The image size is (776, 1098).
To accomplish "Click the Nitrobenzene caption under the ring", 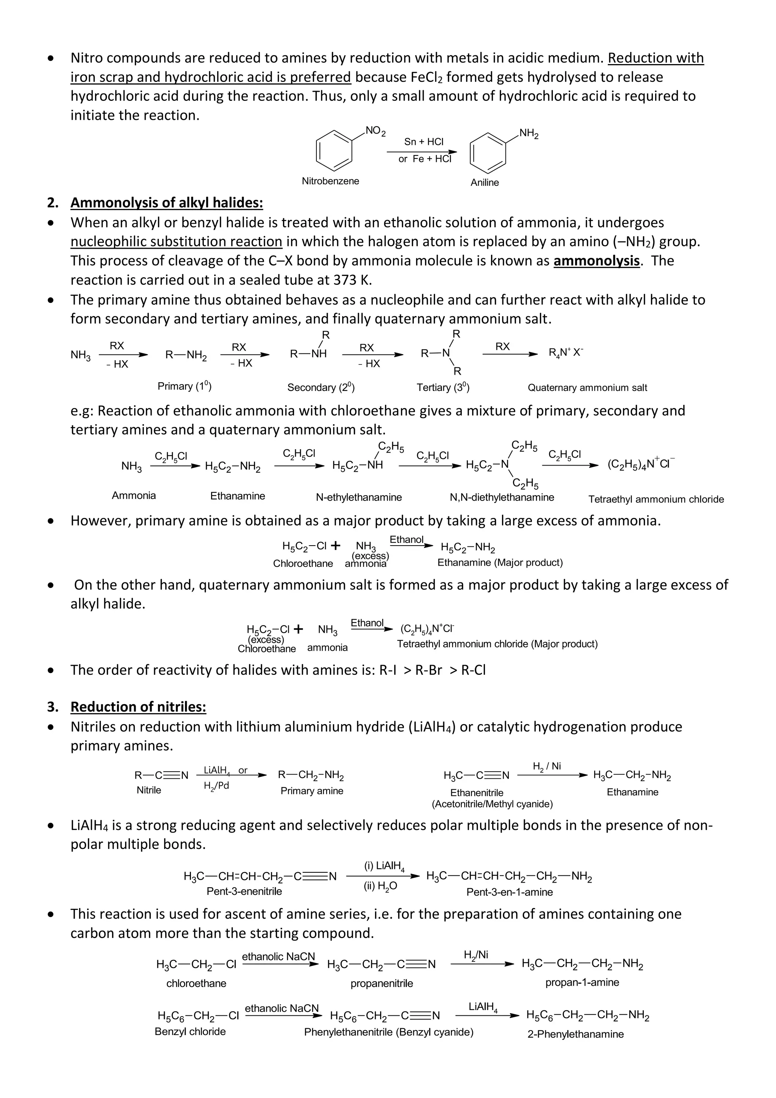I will [x=330, y=181].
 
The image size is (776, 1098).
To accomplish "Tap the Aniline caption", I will [x=485, y=183].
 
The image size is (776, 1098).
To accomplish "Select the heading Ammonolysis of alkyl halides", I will [x=167, y=203].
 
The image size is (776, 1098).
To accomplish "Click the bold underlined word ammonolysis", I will [x=596, y=260].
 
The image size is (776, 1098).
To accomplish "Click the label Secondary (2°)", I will [x=321, y=387].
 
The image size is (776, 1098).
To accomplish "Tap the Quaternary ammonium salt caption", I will [x=587, y=388].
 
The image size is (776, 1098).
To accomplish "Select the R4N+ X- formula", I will [x=566, y=353].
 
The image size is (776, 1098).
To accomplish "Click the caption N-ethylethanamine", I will [x=358, y=497].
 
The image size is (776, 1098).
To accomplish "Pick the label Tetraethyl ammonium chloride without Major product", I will [x=656, y=499].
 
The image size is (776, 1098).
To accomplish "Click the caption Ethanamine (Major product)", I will [x=500, y=562].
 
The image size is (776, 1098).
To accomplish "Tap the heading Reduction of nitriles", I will [x=139, y=707].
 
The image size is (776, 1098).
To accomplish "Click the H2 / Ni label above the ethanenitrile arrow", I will [x=547, y=767].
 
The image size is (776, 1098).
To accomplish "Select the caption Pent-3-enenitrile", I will [x=244, y=891].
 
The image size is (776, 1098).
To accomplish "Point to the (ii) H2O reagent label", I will [x=380, y=886].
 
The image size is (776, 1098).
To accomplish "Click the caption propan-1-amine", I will [x=582, y=982].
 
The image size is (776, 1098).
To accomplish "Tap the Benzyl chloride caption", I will [x=190, y=1032].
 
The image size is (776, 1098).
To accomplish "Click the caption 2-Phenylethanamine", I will [x=575, y=1034].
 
